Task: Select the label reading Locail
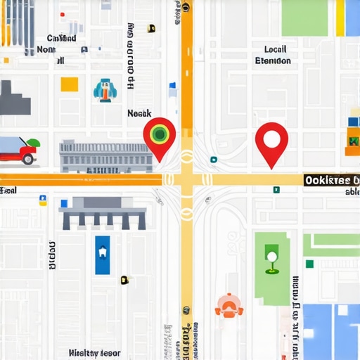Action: [276, 49]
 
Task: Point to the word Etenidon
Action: [273, 60]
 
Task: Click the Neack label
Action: [139, 113]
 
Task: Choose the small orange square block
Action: [69, 84]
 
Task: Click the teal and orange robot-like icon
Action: [103, 89]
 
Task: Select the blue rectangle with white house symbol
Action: [103, 254]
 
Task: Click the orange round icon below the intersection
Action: [229, 304]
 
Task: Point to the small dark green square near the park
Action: [309, 264]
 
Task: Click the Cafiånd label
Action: [62, 39]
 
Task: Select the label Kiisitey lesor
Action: [95, 353]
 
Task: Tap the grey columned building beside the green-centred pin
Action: [106, 156]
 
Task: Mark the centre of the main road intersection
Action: [187, 180]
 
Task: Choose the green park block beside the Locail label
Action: [304, 18]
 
